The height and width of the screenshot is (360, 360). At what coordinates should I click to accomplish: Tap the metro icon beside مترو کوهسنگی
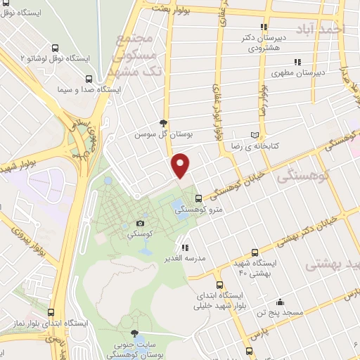tap(198, 198)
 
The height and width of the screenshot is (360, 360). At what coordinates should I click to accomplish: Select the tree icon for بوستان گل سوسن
tap(164, 122)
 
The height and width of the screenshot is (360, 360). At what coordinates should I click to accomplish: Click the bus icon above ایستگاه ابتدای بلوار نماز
tap(50, 311)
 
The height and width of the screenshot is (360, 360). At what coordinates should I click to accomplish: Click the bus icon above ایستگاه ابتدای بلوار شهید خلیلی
tap(220, 285)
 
